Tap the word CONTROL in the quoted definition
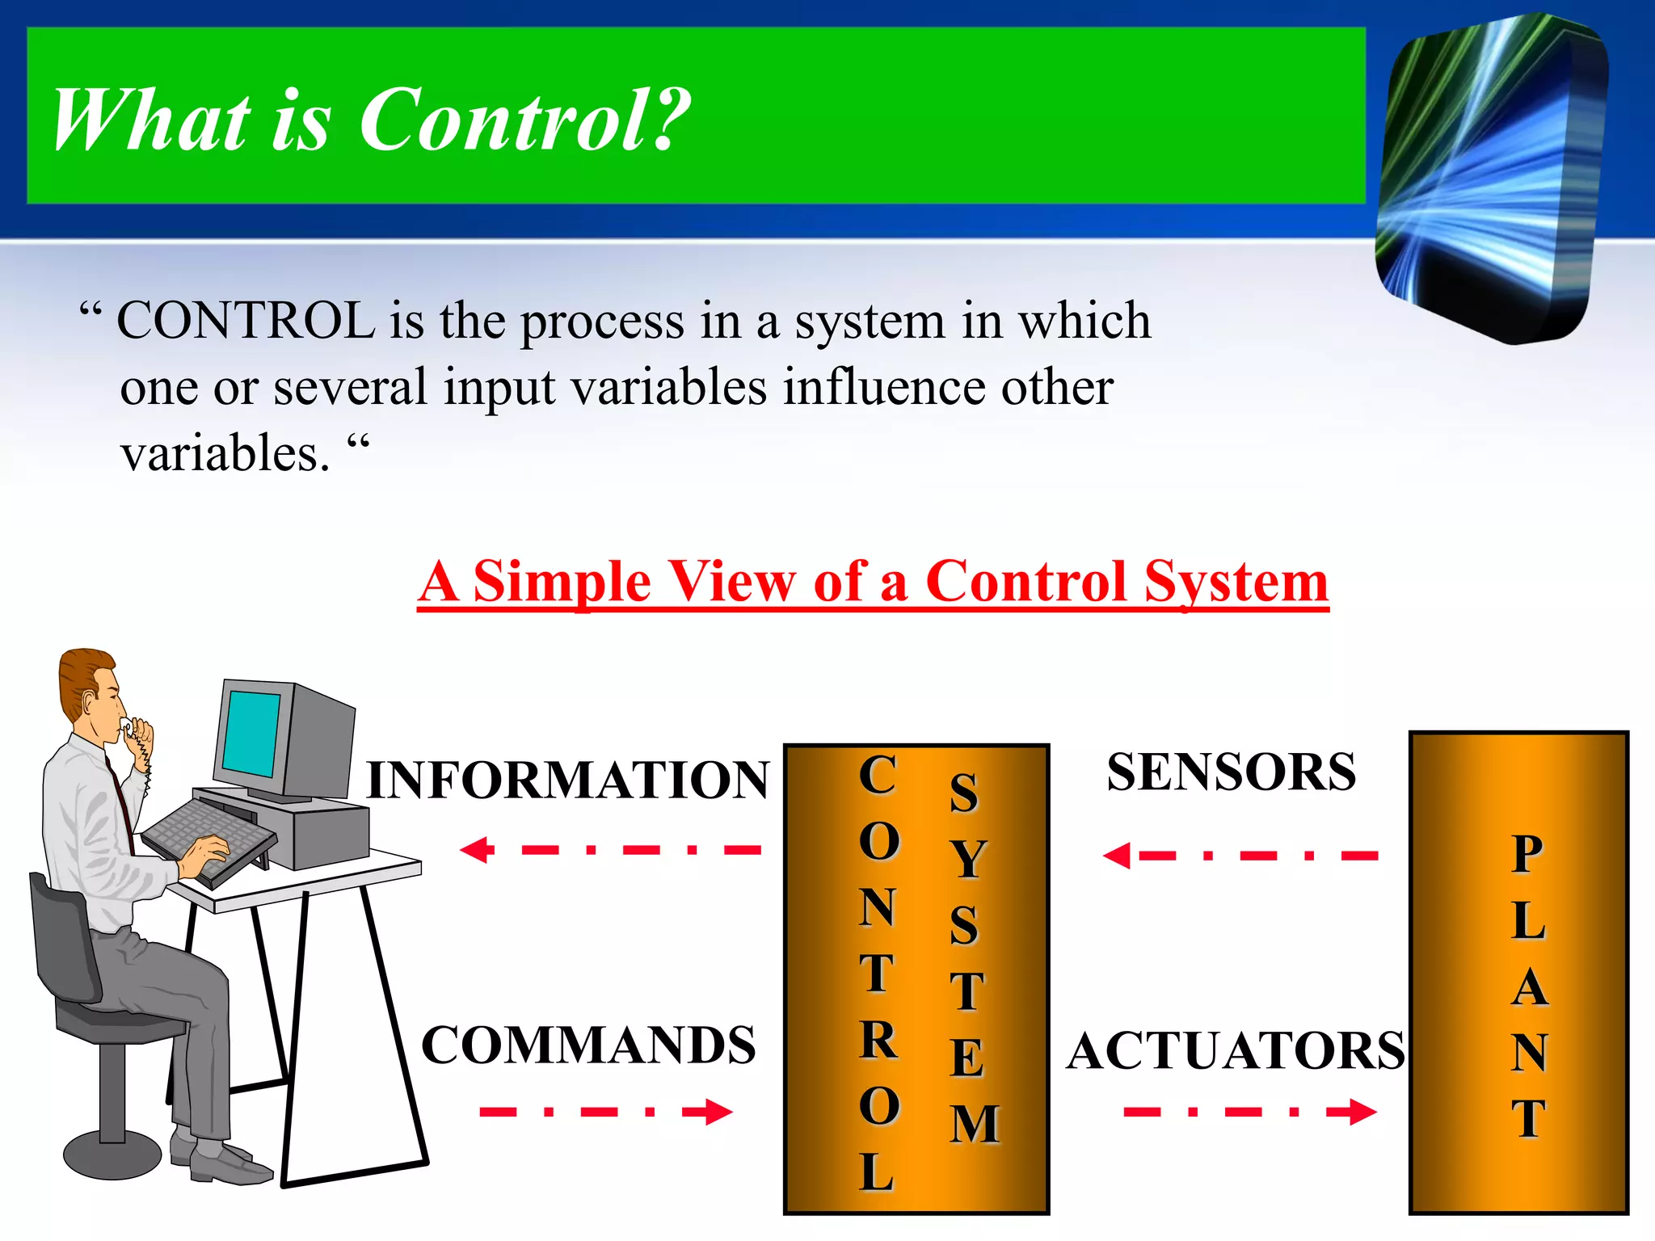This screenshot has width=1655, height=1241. coord(246,321)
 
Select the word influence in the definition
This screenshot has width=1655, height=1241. coord(884,387)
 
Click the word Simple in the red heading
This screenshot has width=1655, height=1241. coord(561,582)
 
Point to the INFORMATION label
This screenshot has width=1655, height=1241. coord(567,780)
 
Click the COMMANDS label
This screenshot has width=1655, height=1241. coord(588,1045)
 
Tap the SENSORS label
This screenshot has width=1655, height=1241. coord(1231,772)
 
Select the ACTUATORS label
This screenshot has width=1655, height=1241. coord(1235,1050)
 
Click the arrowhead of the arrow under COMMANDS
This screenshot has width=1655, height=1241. coord(716,1112)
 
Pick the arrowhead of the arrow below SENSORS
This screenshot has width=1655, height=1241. coord(1118,856)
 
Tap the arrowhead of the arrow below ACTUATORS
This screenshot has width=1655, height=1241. coord(1361,1112)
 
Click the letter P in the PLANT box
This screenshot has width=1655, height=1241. coord(1527,855)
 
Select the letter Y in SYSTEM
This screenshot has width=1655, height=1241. coord(966,858)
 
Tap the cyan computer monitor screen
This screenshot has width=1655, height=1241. coord(251,734)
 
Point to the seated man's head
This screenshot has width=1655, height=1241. coord(91,691)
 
